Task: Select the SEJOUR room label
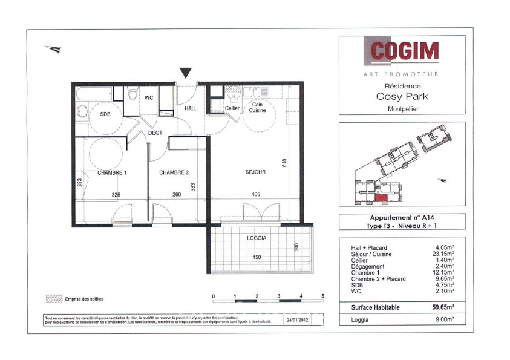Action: coord(255,172)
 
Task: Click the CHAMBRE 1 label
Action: coord(112,172)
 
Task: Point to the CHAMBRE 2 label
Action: coord(174,172)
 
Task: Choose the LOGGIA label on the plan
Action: coord(257,238)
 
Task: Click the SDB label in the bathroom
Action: coord(105,114)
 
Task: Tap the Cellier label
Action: coord(232,108)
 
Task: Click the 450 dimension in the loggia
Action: coord(257,257)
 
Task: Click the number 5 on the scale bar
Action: coord(323,296)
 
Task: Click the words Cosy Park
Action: coord(402,96)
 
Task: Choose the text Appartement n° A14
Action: coord(402,218)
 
